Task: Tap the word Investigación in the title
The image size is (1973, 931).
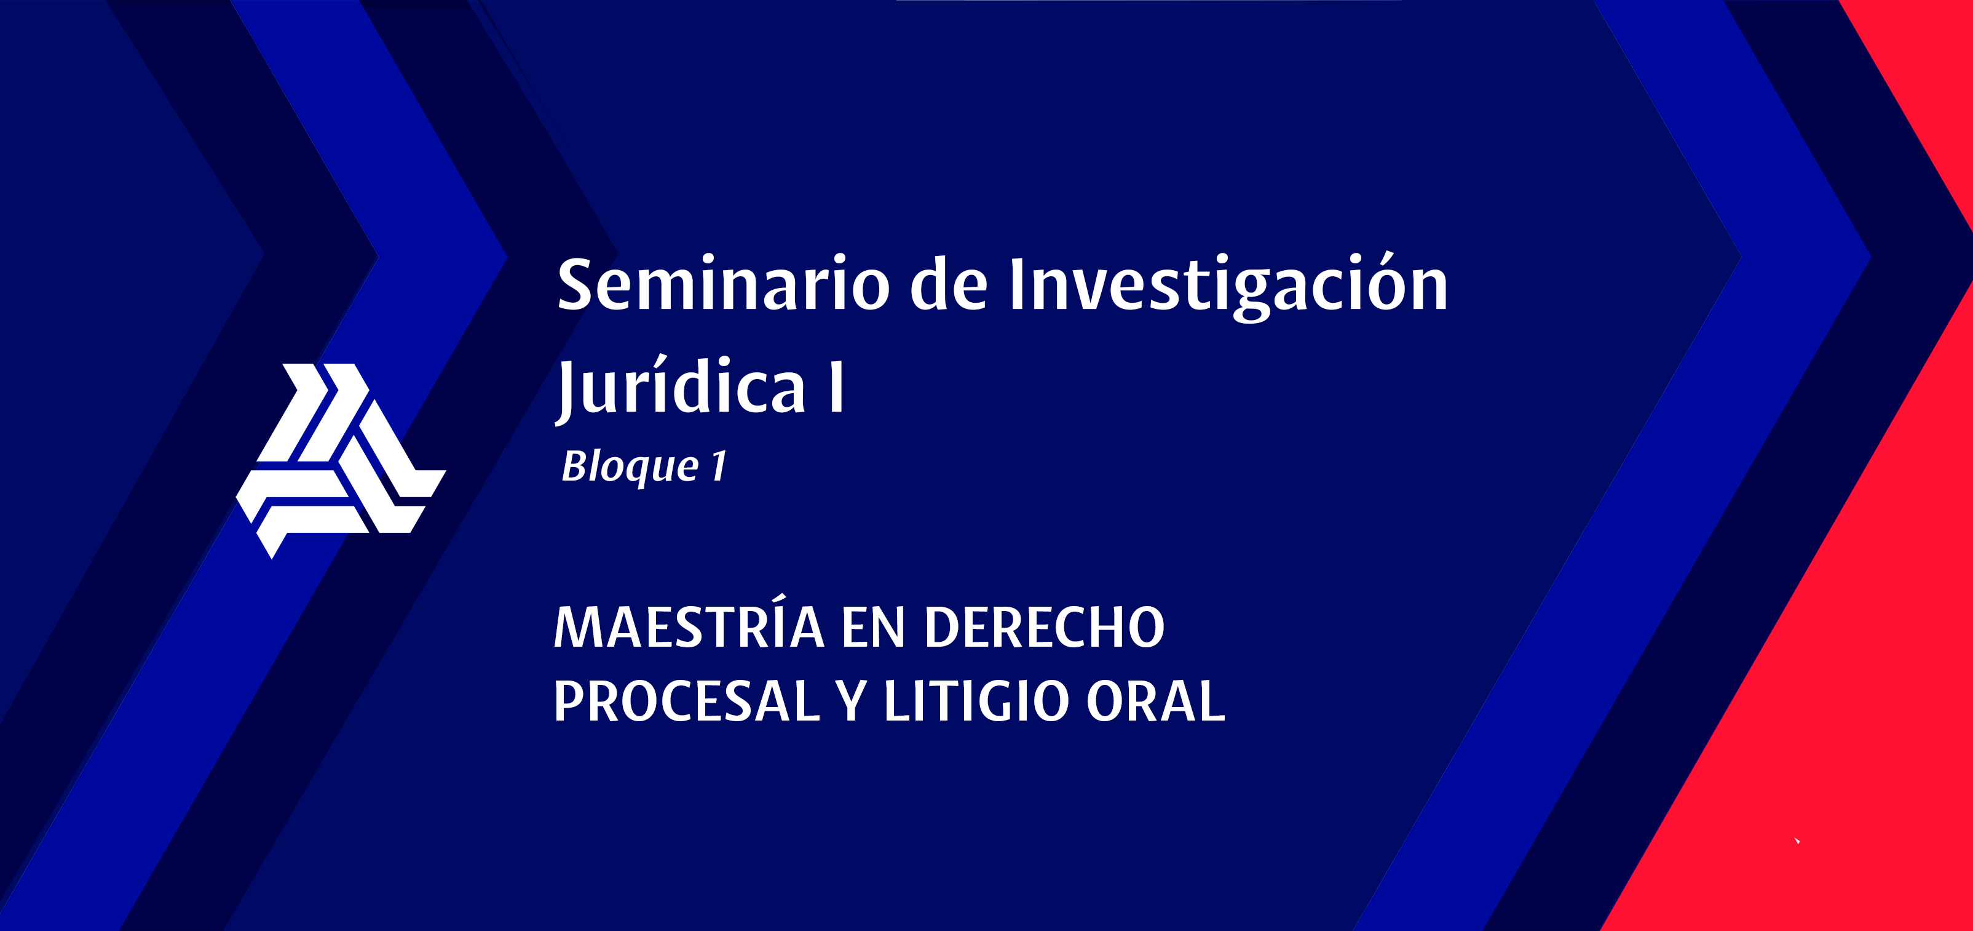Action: (1228, 284)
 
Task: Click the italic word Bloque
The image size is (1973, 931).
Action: (630, 466)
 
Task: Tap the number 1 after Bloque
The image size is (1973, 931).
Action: (718, 465)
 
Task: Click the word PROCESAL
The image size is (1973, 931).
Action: (686, 700)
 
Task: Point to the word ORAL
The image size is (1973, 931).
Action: (1156, 700)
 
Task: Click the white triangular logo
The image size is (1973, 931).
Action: (340, 460)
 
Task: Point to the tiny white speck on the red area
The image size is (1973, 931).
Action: (1797, 841)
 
